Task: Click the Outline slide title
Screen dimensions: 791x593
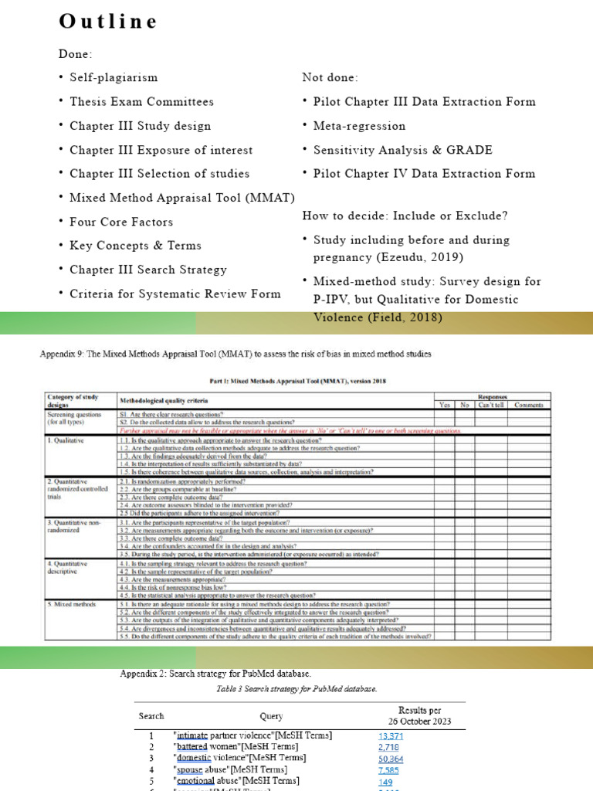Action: pyautogui.click(x=108, y=22)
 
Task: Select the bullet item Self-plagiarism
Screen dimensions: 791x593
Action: pyautogui.click(x=113, y=77)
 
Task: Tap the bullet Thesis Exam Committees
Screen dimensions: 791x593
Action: pyautogui.click(x=141, y=101)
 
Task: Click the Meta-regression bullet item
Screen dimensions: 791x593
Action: pyautogui.click(x=359, y=126)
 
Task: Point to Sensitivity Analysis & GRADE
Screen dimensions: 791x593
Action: pyautogui.click(x=402, y=150)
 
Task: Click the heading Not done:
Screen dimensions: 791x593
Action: pyautogui.click(x=330, y=77)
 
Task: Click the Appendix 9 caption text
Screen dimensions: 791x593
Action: pyautogui.click(x=236, y=355)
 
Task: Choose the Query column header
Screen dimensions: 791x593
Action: pyautogui.click(x=271, y=716)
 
